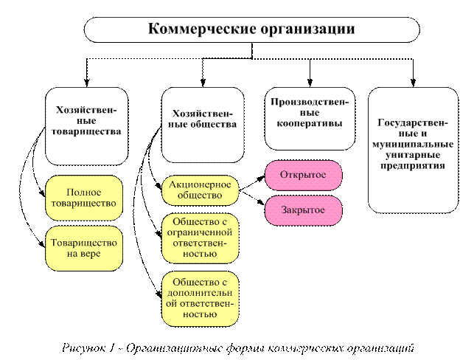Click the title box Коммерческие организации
tap(251, 30)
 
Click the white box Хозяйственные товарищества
tap(86, 125)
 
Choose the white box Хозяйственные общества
tap(203, 125)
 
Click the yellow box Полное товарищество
tap(83, 198)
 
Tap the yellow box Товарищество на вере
tap(83, 249)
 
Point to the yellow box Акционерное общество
tap(201, 190)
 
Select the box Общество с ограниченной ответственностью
tap(201, 238)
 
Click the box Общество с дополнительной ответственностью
tap(201, 298)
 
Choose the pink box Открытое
tap(303, 175)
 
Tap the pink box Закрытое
tap(303, 210)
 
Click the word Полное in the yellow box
tap(83, 192)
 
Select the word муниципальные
tap(413, 145)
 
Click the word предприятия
tap(413, 166)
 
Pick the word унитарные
tap(413, 156)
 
